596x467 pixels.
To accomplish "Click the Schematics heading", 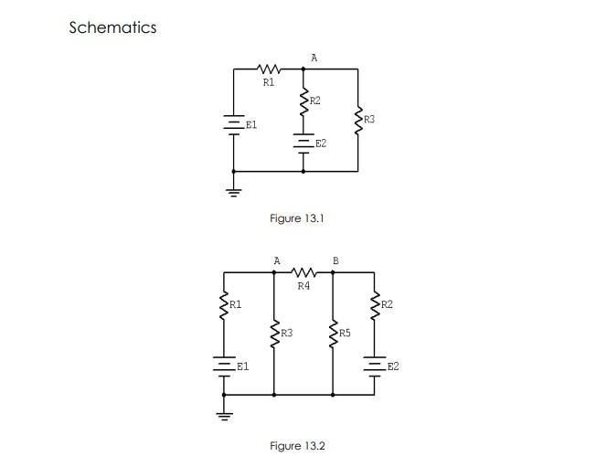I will [x=112, y=27].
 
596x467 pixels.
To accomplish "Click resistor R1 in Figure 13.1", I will [x=269, y=69].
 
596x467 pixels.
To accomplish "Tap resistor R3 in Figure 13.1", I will [x=357, y=120].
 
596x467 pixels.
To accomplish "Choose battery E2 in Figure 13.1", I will [x=303, y=143].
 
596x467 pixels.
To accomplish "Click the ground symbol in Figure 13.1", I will [x=234, y=192].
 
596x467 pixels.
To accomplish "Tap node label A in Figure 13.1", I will [x=314, y=58].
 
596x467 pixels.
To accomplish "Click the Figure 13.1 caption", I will [x=297, y=218].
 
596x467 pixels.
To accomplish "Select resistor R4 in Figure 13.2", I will [x=303, y=272].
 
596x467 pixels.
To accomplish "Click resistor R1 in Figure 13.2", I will [x=223, y=304].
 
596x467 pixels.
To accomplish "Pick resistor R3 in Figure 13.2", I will [x=275, y=334].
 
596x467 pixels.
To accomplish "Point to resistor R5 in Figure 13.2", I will [x=333, y=334].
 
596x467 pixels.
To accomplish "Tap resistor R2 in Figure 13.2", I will [x=375, y=304].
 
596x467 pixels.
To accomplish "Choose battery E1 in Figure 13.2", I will [x=223, y=366].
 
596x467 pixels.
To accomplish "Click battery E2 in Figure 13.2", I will [x=375, y=366].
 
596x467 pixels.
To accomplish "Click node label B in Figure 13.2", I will [x=335, y=261].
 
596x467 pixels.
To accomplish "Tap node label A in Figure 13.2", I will [x=277, y=261].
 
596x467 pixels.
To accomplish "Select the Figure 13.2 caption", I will [x=297, y=446].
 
